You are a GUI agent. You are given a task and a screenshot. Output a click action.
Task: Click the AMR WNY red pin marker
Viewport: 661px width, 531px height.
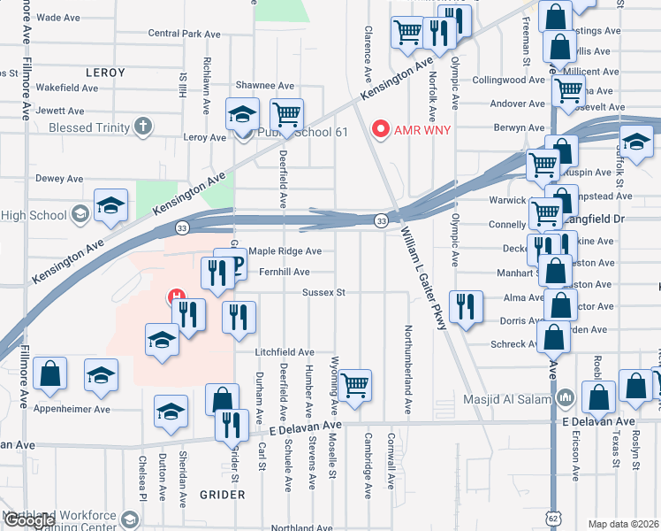382,130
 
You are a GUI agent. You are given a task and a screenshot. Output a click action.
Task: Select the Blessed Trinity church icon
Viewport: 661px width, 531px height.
143,127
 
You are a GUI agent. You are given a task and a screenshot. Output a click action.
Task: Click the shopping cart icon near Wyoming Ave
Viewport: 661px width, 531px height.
354,385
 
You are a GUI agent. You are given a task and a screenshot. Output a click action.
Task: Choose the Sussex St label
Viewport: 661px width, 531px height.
323,291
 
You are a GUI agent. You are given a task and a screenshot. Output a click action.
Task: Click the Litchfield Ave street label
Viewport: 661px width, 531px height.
285,352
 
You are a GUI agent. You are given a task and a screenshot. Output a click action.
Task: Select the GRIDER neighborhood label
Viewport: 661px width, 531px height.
221,494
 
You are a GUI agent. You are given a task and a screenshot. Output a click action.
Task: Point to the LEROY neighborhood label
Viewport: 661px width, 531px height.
106,73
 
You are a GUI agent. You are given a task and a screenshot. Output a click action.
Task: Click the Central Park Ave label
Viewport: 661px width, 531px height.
177,34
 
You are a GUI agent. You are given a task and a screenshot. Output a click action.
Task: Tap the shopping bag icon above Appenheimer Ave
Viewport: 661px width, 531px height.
50,374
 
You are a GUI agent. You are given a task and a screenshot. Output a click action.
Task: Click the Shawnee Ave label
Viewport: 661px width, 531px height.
264,86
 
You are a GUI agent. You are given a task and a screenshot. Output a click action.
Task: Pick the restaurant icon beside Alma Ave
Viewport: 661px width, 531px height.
465,306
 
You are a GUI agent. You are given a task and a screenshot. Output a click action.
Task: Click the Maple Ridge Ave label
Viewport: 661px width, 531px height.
285,251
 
